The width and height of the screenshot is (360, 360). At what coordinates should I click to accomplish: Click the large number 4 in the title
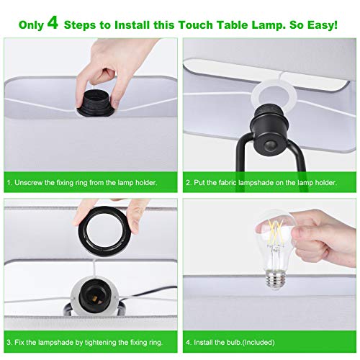53,23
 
